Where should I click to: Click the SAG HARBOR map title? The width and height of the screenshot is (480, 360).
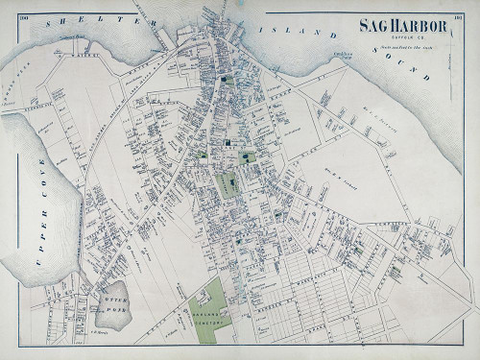(x=403, y=27)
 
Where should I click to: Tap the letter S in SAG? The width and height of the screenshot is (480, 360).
(x=364, y=27)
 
